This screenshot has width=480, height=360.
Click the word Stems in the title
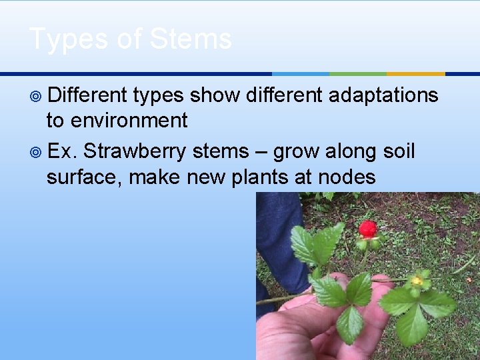pyautogui.click(x=191, y=39)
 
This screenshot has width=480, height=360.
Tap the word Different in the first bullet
pyautogui.click(x=87, y=95)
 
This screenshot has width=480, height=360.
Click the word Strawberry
pyautogui.click(x=135, y=151)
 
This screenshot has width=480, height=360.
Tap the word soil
pyautogui.click(x=399, y=151)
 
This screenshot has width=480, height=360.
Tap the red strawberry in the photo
pyautogui.click(x=368, y=229)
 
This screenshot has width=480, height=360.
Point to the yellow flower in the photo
pyautogui.click(x=417, y=281)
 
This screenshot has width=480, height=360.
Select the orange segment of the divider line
pyautogui.click(x=415, y=73)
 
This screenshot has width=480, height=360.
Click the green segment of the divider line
pyautogui.click(x=357, y=73)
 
